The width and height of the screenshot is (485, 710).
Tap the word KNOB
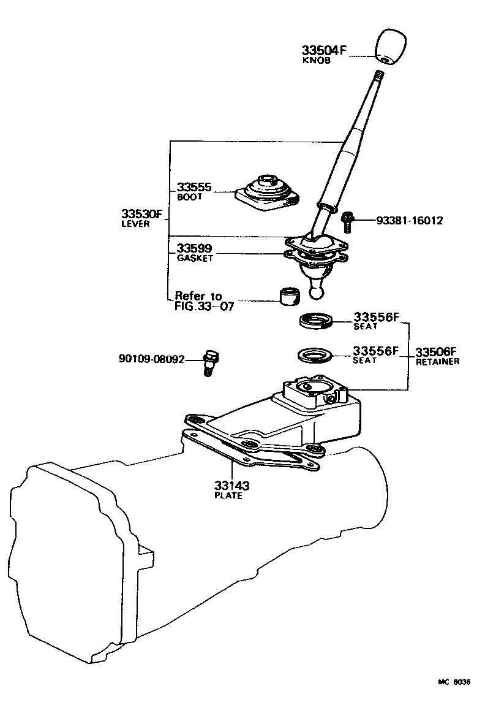point(317,61)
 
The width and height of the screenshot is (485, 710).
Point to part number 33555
point(194,188)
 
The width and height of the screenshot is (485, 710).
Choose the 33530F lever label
point(141,214)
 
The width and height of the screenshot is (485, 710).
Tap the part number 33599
point(194,248)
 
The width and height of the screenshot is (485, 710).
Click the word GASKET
point(195,259)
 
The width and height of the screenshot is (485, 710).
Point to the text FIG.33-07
point(205,306)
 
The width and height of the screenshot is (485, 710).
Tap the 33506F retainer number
point(437,352)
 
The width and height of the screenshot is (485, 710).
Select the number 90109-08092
point(151,359)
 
